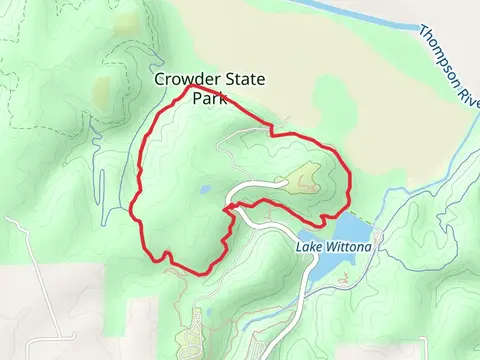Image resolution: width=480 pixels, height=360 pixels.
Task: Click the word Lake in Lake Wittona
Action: [309, 245]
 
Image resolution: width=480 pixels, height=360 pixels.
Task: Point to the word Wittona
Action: [344, 245]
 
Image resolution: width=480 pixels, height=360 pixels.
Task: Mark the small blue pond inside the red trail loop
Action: [204, 188]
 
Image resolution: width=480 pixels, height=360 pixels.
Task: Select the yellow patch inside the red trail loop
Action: [301, 180]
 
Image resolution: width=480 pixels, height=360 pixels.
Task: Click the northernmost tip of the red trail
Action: [190, 87]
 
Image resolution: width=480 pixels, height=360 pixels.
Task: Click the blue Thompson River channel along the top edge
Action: [330, 9]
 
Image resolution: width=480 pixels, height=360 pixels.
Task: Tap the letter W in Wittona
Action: [327, 245]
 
